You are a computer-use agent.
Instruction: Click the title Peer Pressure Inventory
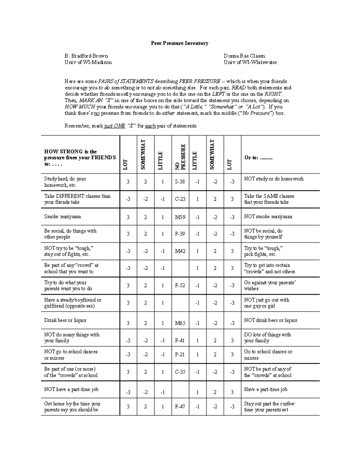(x=179, y=43)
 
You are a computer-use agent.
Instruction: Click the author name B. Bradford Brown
(x=86, y=56)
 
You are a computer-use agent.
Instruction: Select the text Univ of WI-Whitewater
(x=250, y=62)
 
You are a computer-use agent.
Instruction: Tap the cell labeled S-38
(x=180, y=182)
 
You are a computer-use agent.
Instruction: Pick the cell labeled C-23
(x=180, y=199)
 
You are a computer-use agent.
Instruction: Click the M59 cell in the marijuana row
(x=180, y=217)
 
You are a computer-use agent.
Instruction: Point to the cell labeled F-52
(x=180, y=286)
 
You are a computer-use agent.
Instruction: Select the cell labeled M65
(x=180, y=323)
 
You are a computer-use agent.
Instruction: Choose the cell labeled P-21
(x=180, y=355)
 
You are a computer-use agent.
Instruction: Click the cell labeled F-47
(x=180, y=407)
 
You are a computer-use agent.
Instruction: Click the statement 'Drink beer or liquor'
(x=65, y=320)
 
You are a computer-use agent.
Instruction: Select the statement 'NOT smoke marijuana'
(x=268, y=217)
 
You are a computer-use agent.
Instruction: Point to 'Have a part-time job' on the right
(x=265, y=389)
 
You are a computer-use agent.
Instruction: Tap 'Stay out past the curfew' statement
(x=269, y=404)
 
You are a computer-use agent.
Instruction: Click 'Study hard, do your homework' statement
(x=65, y=182)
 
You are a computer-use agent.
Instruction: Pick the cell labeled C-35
(x=180, y=372)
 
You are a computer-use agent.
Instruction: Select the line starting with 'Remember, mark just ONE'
(x=131, y=126)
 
